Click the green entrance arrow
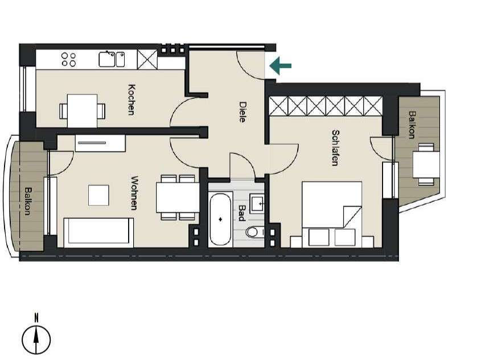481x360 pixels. coord(280,66)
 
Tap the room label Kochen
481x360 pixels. coord(132,100)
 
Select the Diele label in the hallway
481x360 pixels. coord(243,111)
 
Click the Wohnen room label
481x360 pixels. coord(135,193)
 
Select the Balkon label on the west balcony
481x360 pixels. coord(26,200)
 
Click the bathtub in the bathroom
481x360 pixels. coord(220,220)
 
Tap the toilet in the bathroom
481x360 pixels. coord(253,232)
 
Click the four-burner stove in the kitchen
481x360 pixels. coord(69,59)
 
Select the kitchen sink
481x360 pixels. coord(112,59)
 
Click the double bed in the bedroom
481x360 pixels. coord(331,214)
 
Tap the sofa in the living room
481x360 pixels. coord(99,232)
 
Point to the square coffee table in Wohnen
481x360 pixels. coord(98,195)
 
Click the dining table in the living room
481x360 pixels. coord(178,197)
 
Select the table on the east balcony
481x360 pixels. coord(426,164)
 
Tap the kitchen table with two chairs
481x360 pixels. coord(83,110)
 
